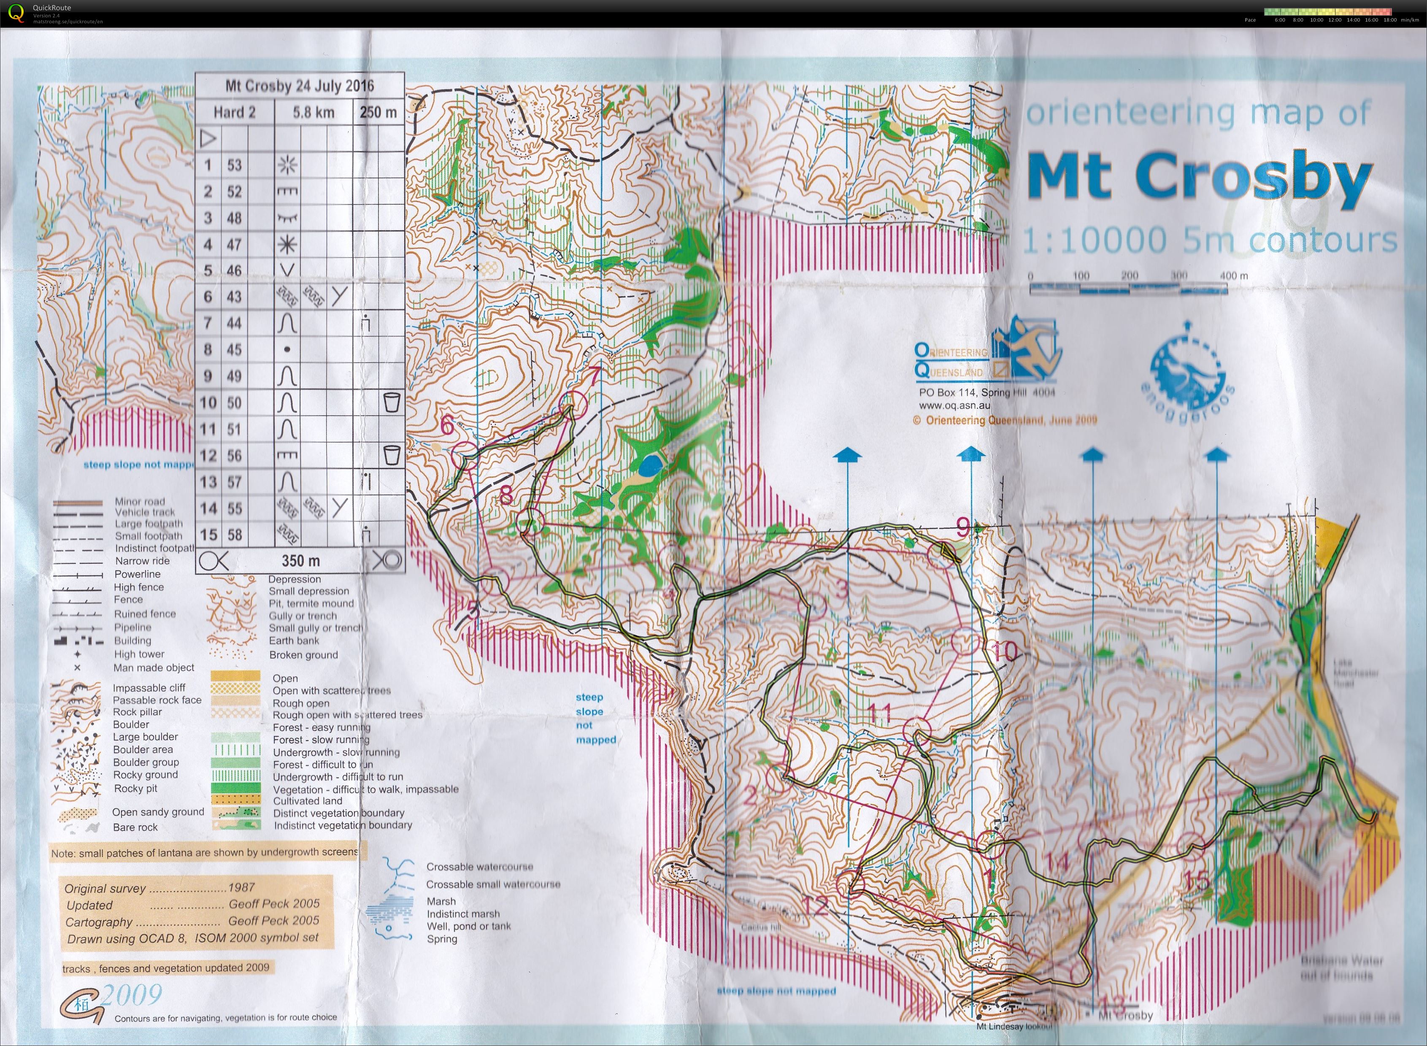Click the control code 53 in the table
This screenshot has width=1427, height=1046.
[234, 165]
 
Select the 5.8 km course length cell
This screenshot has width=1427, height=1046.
[314, 113]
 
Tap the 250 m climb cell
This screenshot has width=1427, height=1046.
[378, 113]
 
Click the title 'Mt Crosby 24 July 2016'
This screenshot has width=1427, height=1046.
[300, 86]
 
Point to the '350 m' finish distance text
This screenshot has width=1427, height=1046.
[301, 560]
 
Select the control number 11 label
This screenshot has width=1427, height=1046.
[879, 714]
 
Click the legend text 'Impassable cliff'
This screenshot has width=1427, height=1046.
[149, 688]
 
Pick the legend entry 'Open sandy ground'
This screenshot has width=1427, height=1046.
[158, 812]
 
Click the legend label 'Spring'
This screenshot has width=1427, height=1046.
[441, 938]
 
